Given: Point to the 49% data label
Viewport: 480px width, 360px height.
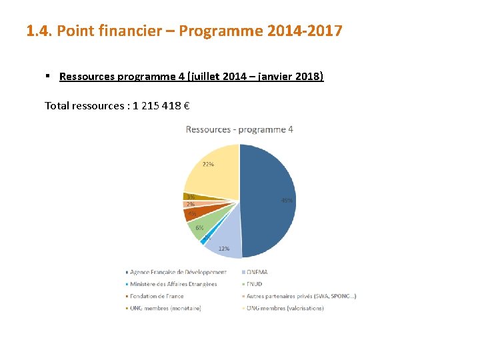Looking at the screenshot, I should [287, 200].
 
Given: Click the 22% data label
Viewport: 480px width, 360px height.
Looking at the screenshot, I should [208, 164].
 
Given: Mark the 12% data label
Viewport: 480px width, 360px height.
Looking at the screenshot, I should [224, 249].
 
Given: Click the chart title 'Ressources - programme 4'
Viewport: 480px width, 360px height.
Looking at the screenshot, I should [239, 129].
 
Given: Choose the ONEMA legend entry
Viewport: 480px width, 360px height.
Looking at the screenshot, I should [257, 272].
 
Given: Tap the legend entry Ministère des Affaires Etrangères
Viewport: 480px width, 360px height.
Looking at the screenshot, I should [173, 284].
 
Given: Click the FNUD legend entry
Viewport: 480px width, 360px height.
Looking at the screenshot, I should [254, 284].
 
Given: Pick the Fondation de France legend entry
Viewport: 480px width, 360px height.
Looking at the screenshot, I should [157, 296].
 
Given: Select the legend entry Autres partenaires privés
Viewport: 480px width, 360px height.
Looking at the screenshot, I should [301, 296].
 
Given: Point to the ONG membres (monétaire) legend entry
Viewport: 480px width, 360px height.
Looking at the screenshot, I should [165, 308].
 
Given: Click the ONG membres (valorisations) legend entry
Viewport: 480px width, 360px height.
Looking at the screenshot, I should [285, 308].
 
